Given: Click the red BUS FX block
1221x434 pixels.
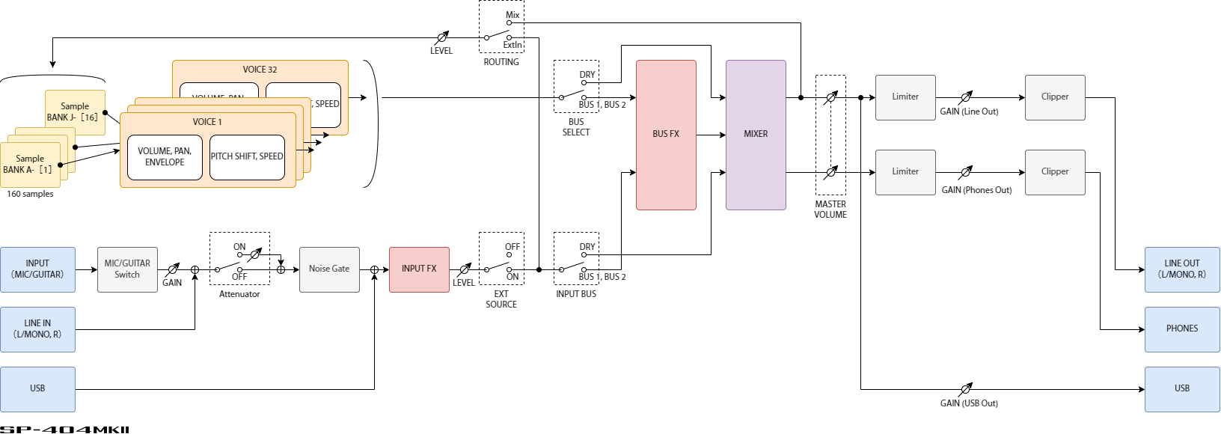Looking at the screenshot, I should pos(666,135).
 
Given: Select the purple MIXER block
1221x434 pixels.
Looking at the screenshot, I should pos(756,135).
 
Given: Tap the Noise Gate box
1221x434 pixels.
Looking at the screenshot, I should pos(329,269).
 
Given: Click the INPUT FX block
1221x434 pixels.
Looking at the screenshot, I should pos(419,269).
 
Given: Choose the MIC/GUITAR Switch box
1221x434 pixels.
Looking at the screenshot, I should pos(127,269).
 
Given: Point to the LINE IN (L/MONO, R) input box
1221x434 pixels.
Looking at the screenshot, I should pos(37,329).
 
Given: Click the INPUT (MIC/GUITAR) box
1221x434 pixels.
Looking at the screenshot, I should pos(37,269).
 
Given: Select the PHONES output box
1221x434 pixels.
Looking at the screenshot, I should pos(1182,329).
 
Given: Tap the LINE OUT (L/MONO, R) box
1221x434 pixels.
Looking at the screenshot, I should pos(1182,269).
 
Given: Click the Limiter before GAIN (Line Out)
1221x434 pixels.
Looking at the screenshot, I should pos(905,97).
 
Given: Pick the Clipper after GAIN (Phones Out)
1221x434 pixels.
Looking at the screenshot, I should pos(1055,172).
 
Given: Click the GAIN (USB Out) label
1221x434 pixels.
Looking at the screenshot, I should pos(969,403).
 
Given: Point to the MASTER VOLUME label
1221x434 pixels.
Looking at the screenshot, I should pos(830,210).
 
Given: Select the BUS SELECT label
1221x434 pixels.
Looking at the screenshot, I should pos(576,127).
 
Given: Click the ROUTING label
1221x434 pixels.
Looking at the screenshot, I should pos(501,62).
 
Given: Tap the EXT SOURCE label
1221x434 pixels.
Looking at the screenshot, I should pos(501,299).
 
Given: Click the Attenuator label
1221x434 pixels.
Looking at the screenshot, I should pos(239,294).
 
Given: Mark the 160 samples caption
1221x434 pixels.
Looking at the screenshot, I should pos(31,195).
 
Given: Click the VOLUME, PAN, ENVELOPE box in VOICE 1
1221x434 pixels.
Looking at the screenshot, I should pos(165,157).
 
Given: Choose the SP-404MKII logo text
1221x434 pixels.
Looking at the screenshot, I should pos(65,430).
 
